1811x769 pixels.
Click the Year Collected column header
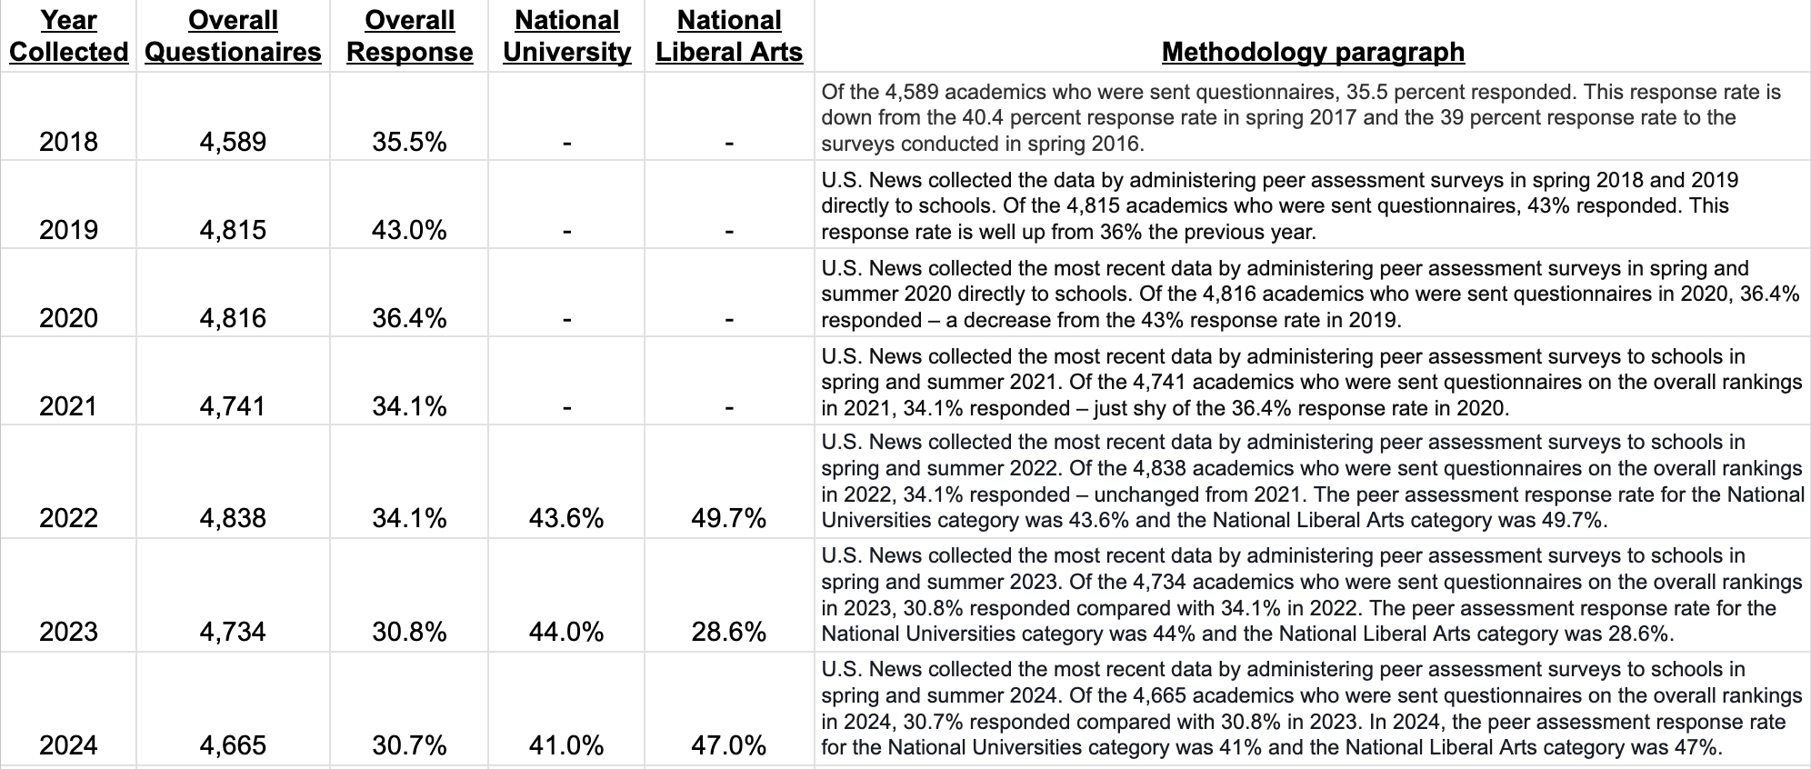coord(68,36)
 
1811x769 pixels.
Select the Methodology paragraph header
coord(1313,52)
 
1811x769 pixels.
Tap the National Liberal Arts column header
coord(729,36)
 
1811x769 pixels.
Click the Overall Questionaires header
coord(233,36)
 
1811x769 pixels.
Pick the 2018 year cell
coord(68,142)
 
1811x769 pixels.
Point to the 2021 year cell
coord(68,405)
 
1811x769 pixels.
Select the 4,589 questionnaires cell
coord(233,142)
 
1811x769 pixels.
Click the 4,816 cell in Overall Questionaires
coord(233,318)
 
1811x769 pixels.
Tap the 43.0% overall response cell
coord(409,230)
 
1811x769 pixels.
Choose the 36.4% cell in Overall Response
coord(409,318)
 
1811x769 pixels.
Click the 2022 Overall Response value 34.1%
coord(409,518)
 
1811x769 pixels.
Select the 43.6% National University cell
coord(566,518)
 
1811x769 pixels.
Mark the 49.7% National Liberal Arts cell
coord(729,518)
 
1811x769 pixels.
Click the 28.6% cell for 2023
coord(729,632)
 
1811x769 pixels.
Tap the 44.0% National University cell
coord(566,632)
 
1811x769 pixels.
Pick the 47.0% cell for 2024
coord(729,745)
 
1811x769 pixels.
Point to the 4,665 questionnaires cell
coord(233,745)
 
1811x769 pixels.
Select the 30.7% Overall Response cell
coord(409,745)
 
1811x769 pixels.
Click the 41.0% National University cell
coord(566,745)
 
